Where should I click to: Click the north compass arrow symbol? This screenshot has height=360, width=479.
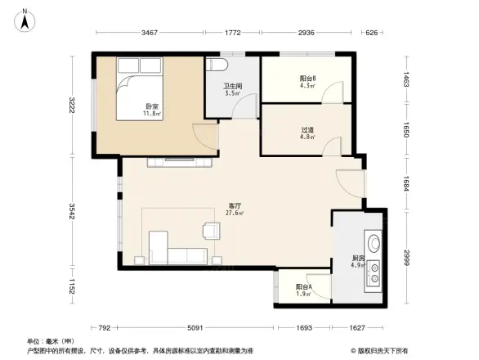(25, 18)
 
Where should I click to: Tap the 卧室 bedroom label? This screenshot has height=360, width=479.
(152, 107)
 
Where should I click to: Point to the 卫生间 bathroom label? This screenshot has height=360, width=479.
(231, 86)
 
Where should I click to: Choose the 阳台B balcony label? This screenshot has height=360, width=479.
(308, 79)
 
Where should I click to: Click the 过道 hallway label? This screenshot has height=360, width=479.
(308, 128)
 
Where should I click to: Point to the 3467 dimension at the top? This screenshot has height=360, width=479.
(149, 33)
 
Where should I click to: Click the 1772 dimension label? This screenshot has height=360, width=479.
(232, 33)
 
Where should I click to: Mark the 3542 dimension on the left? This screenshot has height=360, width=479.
(72, 212)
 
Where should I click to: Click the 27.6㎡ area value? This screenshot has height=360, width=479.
(235, 214)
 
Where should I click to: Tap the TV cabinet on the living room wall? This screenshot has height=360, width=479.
(181, 161)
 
